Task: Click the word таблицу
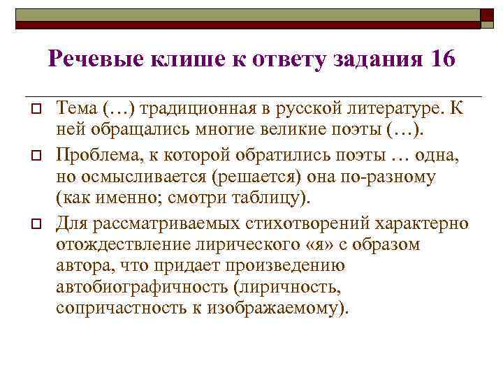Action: (x=269, y=198)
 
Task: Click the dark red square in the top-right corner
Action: (x=488, y=18)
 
